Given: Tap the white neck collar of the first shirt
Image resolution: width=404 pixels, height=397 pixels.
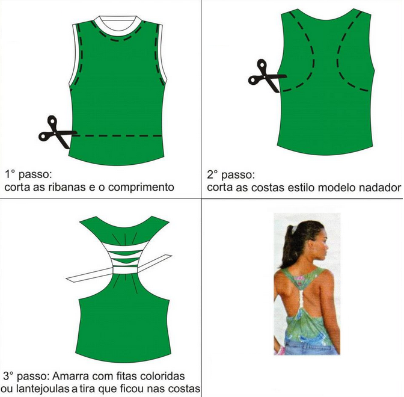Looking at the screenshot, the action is point(118,26).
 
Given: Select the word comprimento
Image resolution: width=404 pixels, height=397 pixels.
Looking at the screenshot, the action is point(141,188).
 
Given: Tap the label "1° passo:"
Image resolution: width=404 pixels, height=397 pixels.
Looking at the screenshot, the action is point(28,174).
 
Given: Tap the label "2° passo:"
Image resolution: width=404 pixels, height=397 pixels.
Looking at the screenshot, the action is point(231,175).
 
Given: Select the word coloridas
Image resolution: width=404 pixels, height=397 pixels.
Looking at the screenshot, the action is point(162,376).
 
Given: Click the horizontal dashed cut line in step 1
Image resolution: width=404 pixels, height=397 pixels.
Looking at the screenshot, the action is point(117,135).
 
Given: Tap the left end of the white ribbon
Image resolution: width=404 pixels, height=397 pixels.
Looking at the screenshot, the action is point(66,279).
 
